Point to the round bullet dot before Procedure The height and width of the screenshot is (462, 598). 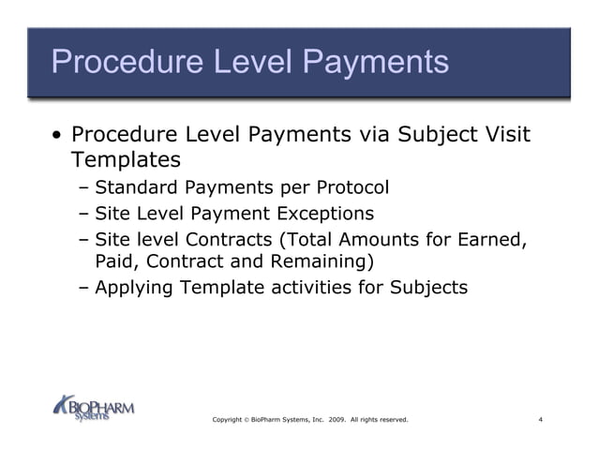tap(58, 137)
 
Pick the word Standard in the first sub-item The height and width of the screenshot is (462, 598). tap(135, 187)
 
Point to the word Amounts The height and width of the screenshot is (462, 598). tap(375, 239)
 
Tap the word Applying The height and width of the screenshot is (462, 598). tap(134, 287)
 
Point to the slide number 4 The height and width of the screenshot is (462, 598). tap(541, 419)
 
